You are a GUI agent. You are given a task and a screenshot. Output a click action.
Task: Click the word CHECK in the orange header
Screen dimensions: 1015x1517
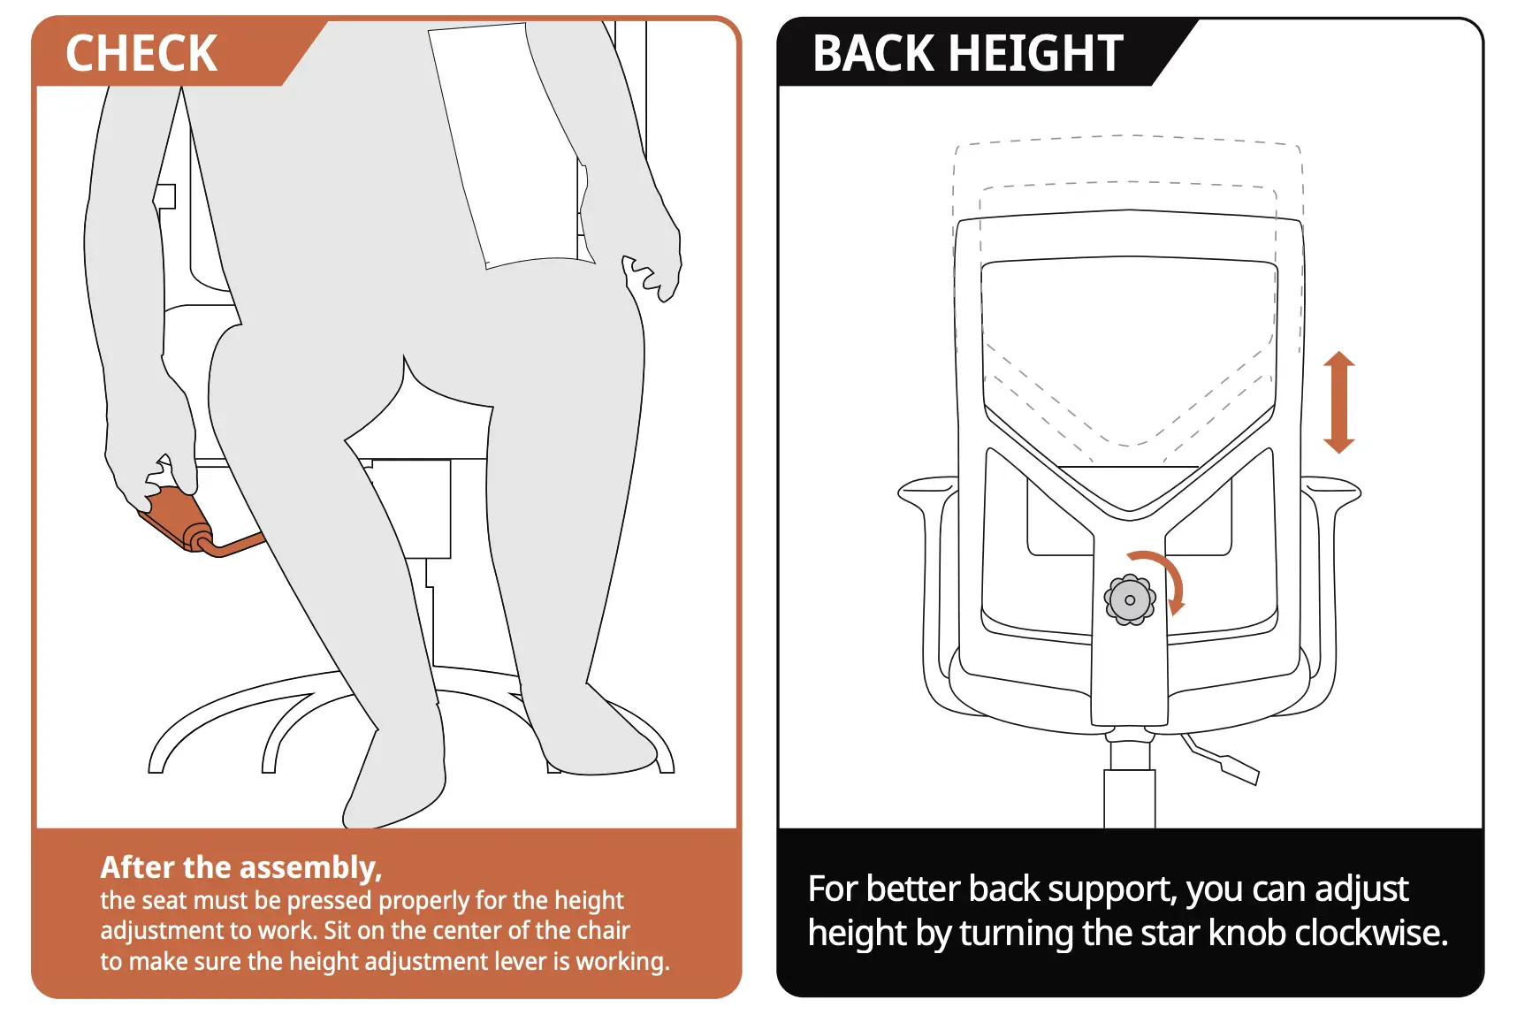tap(141, 53)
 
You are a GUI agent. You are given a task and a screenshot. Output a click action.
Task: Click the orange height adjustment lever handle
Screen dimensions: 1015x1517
tap(177, 521)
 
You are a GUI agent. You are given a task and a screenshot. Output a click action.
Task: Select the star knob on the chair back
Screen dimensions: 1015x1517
tap(1130, 600)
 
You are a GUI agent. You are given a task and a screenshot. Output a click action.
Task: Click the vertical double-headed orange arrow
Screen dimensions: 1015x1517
tap(1338, 402)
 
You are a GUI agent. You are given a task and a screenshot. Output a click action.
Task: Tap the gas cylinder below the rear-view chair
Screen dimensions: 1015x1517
tap(1130, 796)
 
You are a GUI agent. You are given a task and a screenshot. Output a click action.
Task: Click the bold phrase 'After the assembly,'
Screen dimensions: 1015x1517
tap(240, 867)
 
